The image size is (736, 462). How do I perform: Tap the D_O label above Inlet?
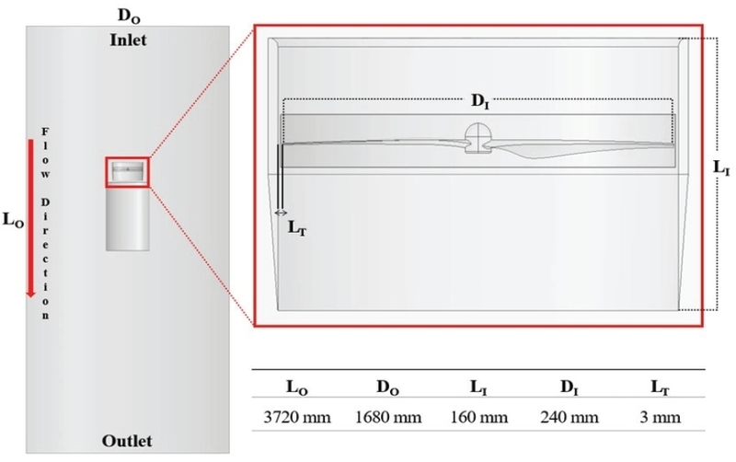pyautogui.click(x=129, y=15)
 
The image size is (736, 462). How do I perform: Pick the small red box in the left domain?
pyautogui.click(x=127, y=172)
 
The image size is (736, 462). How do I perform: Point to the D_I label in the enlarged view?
pyautogui.click(x=479, y=104)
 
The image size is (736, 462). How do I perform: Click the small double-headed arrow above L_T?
pyautogui.click(x=281, y=213)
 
